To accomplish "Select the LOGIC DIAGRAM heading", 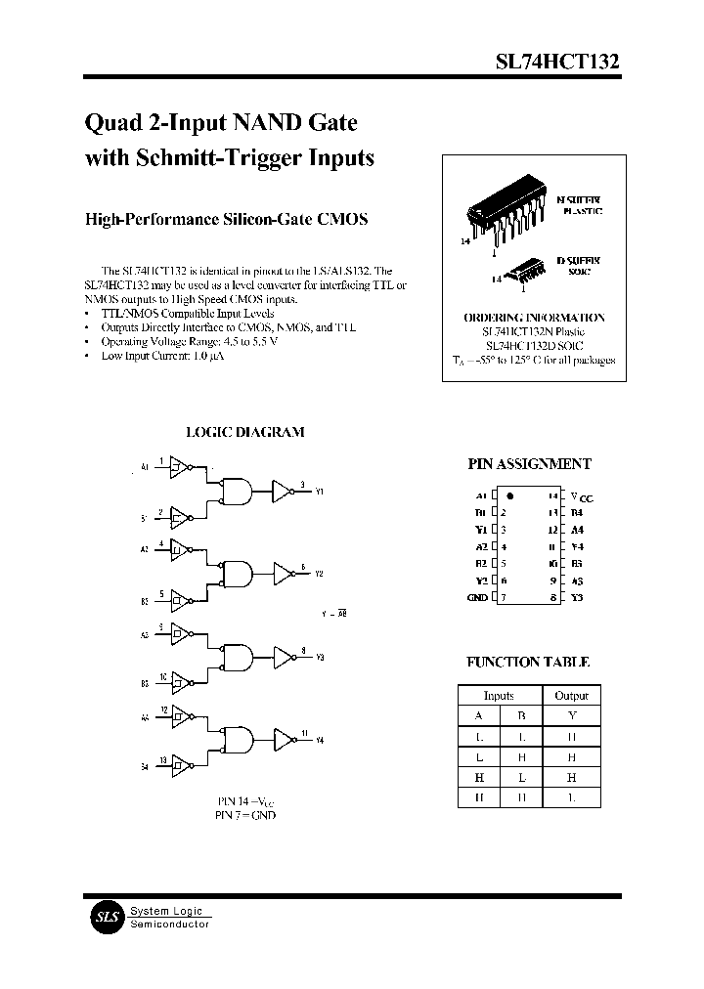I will point(244,431).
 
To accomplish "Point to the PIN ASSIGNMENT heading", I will point(529,465).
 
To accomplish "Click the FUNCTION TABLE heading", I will point(528,662).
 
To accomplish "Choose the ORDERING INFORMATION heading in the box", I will point(533,318).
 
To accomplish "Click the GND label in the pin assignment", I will point(477,597).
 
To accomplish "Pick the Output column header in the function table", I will point(571,696).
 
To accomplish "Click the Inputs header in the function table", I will point(500,696).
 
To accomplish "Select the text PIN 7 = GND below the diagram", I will point(245,815).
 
